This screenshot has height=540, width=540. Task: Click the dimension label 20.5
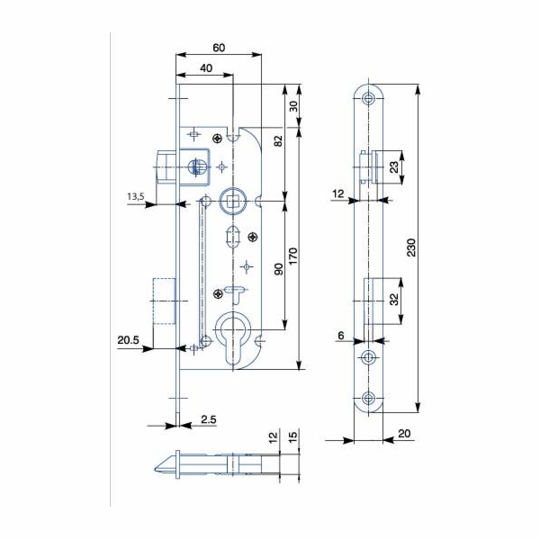[128, 339]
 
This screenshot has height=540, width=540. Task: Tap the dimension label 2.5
[207, 420]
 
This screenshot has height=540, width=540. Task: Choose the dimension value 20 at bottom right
[403, 434]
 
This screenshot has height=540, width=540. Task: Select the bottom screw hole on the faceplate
[369, 399]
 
